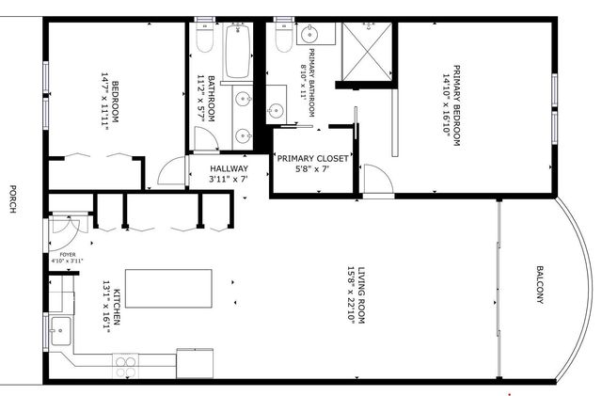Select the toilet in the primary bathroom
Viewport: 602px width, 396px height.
click(x=281, y=38)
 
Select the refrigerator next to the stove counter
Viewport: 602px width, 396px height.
click(x=196, y=362)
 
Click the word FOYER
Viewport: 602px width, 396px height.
click(x=68, y=253)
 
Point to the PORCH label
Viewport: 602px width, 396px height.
click(x=12, y=198)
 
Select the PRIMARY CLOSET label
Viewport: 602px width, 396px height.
click(x=311, y=159)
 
